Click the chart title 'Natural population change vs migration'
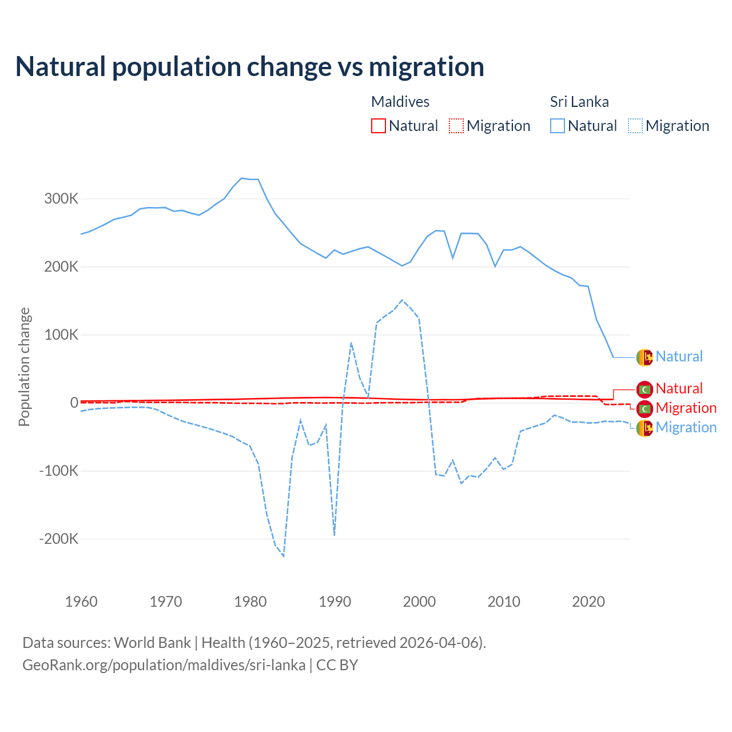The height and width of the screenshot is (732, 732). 249,67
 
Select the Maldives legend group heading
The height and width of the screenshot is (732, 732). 400,102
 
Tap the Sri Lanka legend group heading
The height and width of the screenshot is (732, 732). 579,102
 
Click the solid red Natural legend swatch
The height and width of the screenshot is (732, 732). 379,126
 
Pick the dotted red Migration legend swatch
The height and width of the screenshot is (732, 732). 456,126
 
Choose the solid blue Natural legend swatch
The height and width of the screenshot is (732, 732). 558,126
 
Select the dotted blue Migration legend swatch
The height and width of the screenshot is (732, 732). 635,126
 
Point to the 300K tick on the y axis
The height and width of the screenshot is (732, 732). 61,199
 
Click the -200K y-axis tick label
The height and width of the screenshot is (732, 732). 58,539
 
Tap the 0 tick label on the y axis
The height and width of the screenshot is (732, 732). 74,403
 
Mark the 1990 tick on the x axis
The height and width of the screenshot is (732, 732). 335,602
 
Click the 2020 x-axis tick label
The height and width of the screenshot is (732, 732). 588,602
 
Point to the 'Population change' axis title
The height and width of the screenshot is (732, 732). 24,367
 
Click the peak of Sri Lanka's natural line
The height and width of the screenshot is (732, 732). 241,178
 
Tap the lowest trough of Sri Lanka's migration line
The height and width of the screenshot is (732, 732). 284,556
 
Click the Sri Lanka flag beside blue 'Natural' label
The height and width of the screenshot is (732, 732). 645,357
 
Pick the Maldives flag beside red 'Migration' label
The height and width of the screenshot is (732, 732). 645,408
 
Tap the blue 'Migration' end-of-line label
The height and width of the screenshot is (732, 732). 686,427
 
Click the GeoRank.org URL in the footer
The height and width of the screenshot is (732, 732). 164,665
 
